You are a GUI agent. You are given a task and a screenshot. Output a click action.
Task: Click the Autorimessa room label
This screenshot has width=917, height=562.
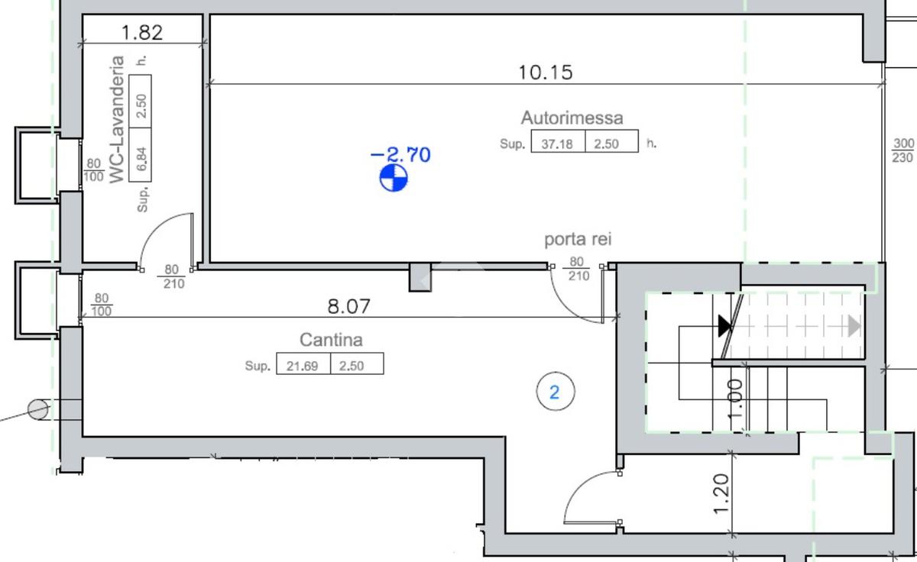[572, 118]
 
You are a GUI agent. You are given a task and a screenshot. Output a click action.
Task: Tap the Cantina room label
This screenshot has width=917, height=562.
[331, 340]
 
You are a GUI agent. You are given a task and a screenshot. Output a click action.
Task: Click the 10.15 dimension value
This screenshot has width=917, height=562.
[546, 73]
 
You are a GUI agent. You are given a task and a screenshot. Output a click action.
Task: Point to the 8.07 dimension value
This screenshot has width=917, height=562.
[348, 307]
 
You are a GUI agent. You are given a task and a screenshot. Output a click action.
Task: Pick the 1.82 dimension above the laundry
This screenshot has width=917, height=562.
[142, 32]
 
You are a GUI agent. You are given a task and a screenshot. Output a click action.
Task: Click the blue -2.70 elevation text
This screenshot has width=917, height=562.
[400, 155]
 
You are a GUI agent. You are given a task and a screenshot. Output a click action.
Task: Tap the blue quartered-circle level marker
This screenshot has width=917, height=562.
[394, 177]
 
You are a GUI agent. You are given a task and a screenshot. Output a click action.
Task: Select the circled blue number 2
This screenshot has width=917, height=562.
[555, 392]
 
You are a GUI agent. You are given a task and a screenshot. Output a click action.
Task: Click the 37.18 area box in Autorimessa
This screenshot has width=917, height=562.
[558, 143]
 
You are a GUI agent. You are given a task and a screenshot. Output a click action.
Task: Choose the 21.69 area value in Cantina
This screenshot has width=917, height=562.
[303, 366]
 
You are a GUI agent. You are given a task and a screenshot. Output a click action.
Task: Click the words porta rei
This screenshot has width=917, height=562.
[578, 240]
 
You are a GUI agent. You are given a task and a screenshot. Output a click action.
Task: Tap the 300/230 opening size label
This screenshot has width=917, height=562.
[903, 150]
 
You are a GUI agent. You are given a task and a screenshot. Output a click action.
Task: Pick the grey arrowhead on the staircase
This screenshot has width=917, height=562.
[854, 326]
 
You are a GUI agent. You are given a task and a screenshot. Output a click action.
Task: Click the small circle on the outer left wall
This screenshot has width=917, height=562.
[37, 410]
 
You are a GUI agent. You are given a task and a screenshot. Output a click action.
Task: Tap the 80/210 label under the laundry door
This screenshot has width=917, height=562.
[172, 276]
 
